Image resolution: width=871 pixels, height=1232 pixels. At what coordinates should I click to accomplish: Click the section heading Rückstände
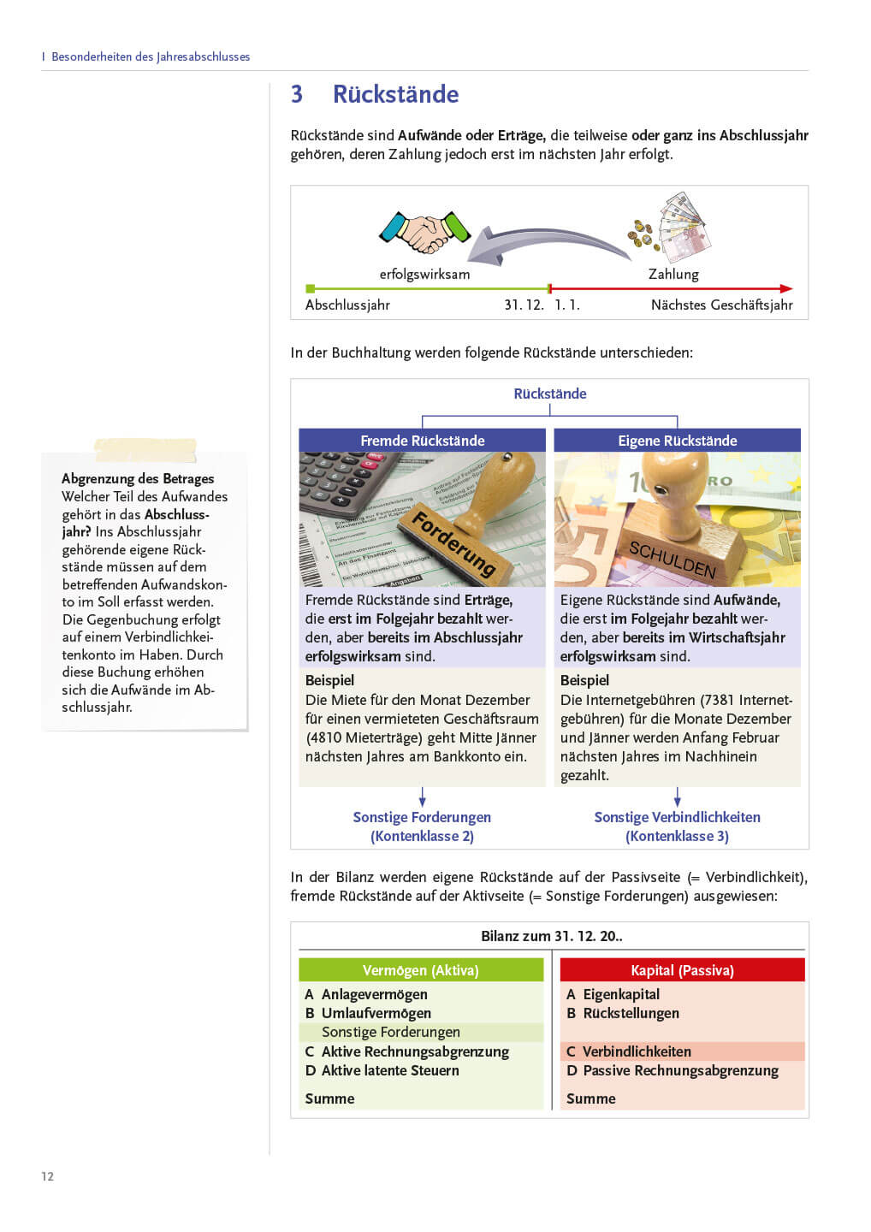(395, 94)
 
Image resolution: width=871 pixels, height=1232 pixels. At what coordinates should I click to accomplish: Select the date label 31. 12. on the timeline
(524, 305)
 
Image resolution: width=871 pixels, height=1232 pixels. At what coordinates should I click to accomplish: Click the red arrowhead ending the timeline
(786, 288)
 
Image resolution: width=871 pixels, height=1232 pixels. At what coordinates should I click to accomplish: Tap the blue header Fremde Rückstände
(422, 441)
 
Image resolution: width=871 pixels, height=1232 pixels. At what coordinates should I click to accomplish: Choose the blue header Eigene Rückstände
(677, 441)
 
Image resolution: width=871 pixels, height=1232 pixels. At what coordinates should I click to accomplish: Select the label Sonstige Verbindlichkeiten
(677, 817)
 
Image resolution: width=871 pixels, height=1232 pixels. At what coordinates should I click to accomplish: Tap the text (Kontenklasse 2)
(422, 836)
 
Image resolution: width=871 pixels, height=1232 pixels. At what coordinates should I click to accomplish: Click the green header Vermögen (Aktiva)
(420, 970)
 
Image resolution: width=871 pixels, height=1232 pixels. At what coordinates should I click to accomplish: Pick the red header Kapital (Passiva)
(682, 970)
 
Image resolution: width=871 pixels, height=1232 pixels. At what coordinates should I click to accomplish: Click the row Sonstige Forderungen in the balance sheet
(391, 1032)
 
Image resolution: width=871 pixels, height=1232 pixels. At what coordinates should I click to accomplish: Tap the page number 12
(47, 1176)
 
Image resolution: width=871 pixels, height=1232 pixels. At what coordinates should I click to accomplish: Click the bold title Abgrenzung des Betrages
(138, 478)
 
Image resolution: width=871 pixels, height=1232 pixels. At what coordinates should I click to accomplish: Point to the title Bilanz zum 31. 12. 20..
(551, 936)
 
